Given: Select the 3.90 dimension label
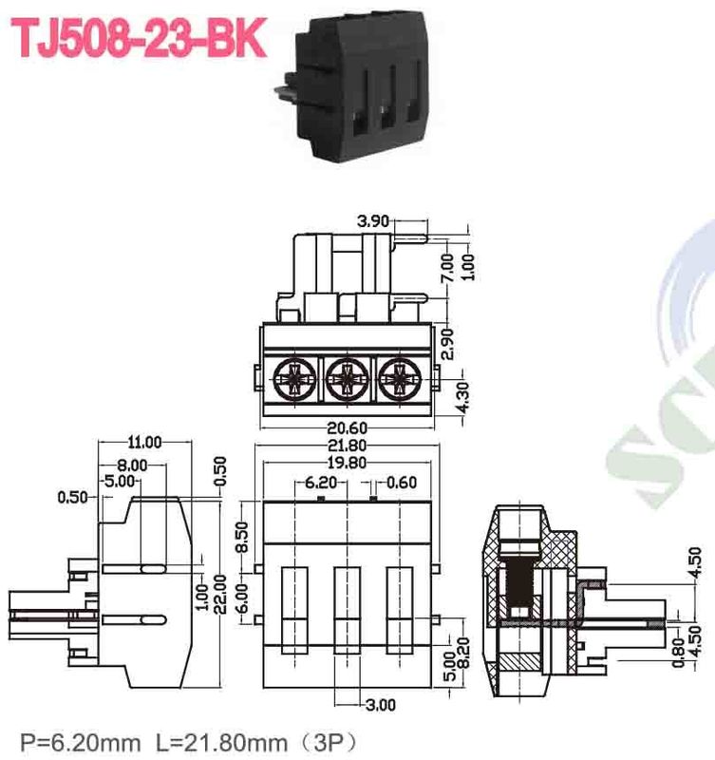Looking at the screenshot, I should pos(373,220).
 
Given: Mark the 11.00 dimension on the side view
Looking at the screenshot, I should pos(144,442).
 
